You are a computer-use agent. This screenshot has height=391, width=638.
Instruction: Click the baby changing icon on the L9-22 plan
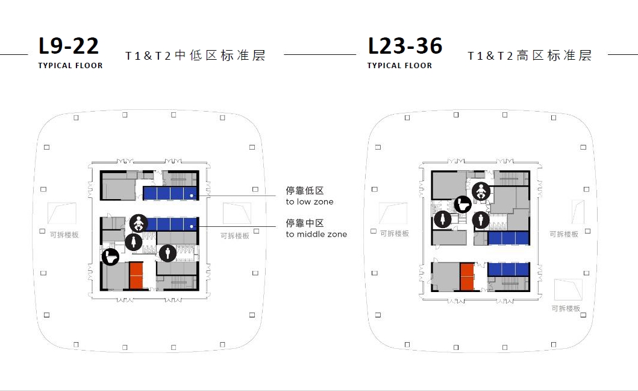(x=138, y=223)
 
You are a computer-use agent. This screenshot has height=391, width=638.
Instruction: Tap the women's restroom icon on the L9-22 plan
(x=133, y=242)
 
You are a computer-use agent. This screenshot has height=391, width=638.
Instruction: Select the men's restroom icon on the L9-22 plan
(x=167, y=252)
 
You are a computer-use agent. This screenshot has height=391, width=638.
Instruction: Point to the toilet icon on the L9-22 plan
(x=110, y=256)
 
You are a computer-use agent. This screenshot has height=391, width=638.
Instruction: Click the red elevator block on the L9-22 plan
(x=136, y=276)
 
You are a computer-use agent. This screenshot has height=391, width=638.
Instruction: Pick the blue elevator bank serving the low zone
(x=170, y=193)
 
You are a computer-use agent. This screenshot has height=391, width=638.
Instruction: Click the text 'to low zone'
(x=309, y=202)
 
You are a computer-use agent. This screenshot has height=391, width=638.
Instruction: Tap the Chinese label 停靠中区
(x=305, y=223)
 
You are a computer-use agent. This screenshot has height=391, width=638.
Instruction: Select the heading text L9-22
(x=68, y=46)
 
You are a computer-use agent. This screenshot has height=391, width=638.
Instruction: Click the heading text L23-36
(x=405, y=46)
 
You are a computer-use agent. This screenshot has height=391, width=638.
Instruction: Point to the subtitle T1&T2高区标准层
(x=530, y=56)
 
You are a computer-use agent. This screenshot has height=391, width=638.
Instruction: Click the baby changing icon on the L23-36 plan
(x=481, y=191)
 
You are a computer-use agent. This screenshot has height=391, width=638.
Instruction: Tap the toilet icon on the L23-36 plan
(x=462, y=205)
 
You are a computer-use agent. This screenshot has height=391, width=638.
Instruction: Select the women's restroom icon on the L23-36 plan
(x=443, y=220)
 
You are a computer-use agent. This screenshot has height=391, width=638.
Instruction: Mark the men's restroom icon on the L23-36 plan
(x=481, y=220)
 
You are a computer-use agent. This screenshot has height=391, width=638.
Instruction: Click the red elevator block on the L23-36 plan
(x=467, y=277)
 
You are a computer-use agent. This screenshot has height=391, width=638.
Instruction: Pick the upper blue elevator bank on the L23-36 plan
(x=508, y=238)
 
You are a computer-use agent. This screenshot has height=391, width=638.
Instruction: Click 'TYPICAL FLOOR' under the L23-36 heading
(x=399, y=66)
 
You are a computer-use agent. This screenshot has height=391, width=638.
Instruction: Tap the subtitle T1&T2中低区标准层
(x=195, y=56)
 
